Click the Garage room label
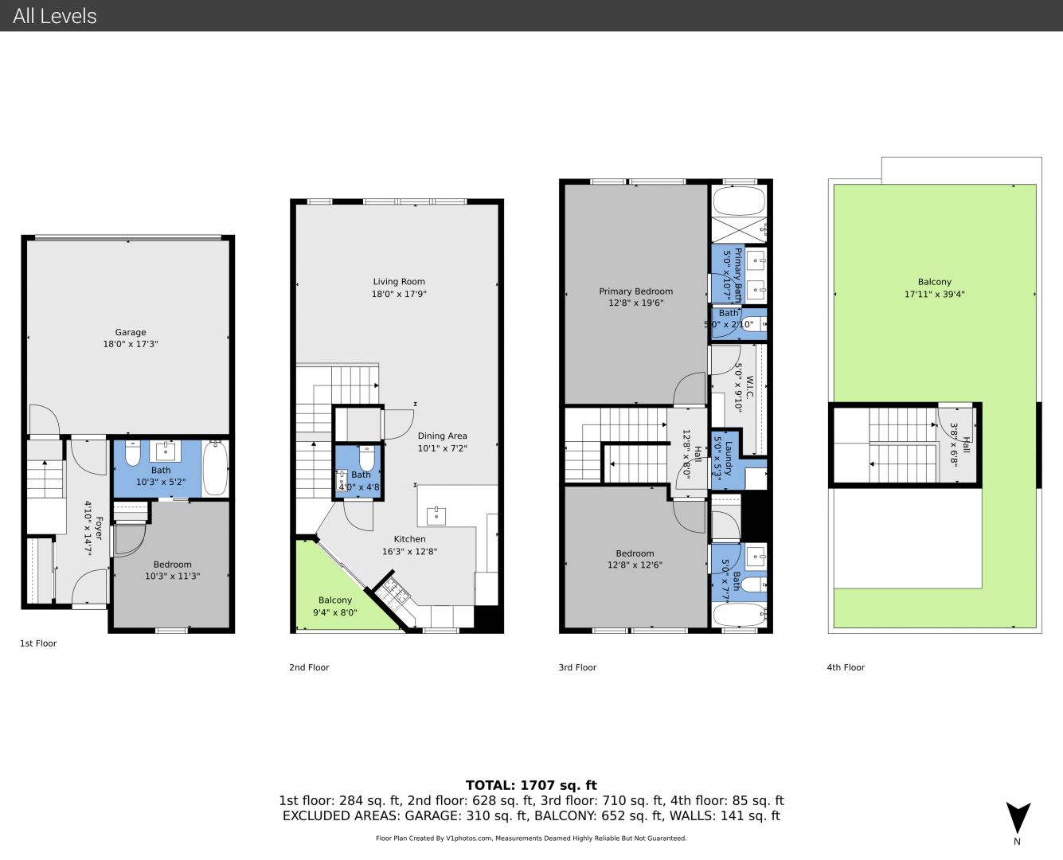(131, 332)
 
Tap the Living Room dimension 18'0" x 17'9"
(399, 294)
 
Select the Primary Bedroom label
(635, 291)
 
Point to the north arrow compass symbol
(1018, 818)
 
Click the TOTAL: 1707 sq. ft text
(531, 785)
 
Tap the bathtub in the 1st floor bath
(216, 468)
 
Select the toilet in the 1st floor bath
(133, 454)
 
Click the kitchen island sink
(436, 515)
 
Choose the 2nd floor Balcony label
(335, 600)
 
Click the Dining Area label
(442, 436)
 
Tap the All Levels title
(54, 16)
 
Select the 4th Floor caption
(846, 667)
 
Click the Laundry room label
(729, 458)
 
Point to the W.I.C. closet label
(749, 387)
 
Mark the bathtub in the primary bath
(739, 201)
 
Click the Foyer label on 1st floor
(98, 528)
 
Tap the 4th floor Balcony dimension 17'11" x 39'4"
(934, 295)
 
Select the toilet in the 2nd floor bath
(367, 458)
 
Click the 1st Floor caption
(38, 643)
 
